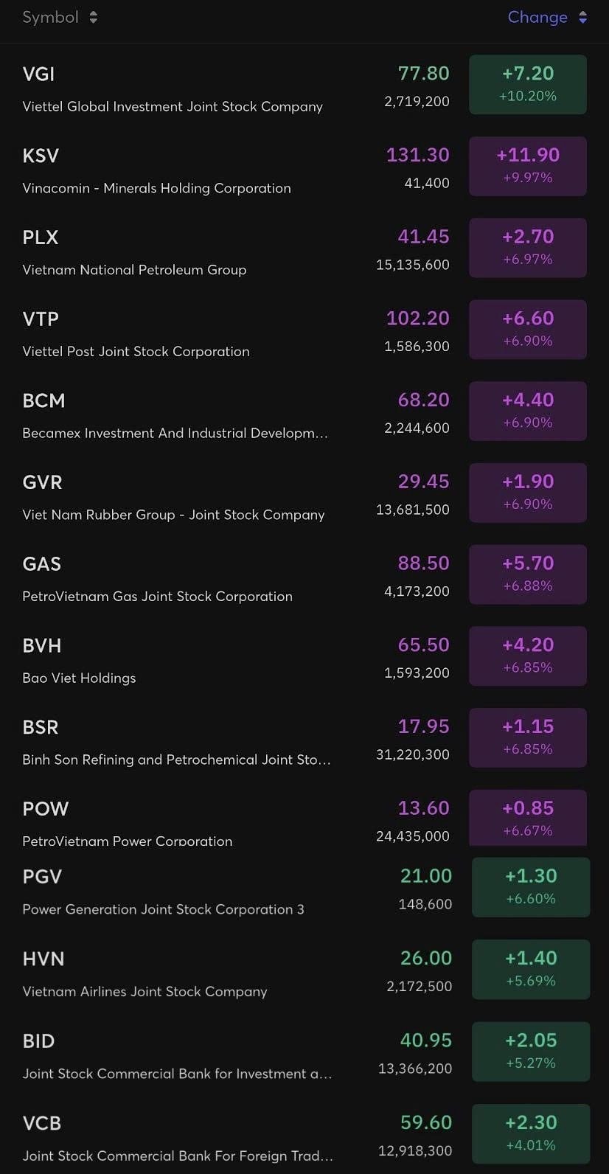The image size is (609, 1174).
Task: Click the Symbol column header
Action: click(x=59, y=17)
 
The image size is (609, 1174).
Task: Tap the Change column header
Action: click(x=546, y=17)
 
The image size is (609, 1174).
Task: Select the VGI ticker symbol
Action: click(x=38, y=74)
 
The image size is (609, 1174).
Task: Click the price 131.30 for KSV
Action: click(x=417, y=155)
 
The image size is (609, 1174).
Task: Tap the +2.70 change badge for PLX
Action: click(x=528, y=247)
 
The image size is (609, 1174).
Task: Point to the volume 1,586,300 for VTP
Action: click(x=417, y=347)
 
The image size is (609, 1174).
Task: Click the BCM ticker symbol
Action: click(x=43, y=400)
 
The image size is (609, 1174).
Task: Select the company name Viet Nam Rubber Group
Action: click(x=173, y=515)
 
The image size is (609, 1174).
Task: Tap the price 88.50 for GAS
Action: click(x=423, y=563)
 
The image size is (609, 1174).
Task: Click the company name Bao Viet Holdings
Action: click(x=79, y=678)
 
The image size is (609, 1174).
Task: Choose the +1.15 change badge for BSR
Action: click(x=528, y=737)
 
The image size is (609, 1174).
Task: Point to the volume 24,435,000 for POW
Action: click(x=413, y=836)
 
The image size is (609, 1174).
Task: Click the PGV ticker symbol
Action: click(x=42, y=877)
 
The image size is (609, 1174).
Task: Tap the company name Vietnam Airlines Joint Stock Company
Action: click(x=145, y=992)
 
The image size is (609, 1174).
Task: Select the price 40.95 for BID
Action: click(x=426, y=1041)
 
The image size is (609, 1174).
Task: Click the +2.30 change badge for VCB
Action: click(x=531, y=1133)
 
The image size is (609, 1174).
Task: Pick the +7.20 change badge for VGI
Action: click(x=528, y=84)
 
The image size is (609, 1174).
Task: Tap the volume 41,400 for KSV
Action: click(x=427, y=183)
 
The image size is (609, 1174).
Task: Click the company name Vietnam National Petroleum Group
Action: click(x=134, y=270)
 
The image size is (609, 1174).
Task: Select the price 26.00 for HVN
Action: click(x=426, y=958)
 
